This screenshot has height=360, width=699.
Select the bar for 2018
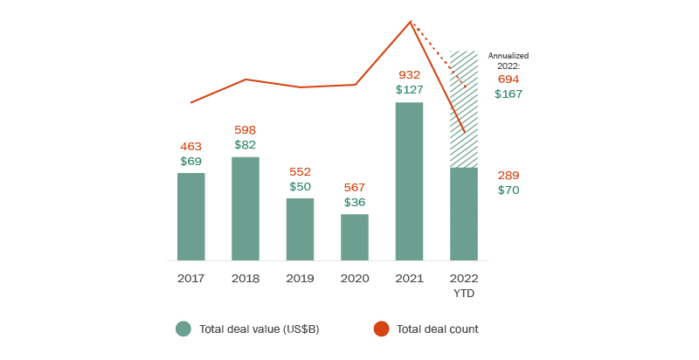tap(246, 209)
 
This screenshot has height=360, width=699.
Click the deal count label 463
tap(191, 147)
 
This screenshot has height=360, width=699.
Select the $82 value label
tap(246, 145)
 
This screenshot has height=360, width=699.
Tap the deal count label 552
tap(301, 172)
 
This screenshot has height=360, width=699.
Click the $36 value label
tap(355, 202)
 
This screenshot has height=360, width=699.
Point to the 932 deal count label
tap(410, 75)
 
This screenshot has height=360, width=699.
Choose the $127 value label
tap(410, 90)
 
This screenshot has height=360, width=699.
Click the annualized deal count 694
tap(509, 79)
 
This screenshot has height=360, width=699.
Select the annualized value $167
tap(509, 93)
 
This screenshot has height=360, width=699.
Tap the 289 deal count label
tap(509, 176)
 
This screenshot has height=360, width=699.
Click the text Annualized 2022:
tap(509, 60)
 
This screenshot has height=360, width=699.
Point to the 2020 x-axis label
tap(355, 279)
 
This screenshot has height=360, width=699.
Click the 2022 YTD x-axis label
tap(464, 285)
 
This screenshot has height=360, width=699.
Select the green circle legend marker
tap(183, 329)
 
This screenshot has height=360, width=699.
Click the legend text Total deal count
tap(437, 329)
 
